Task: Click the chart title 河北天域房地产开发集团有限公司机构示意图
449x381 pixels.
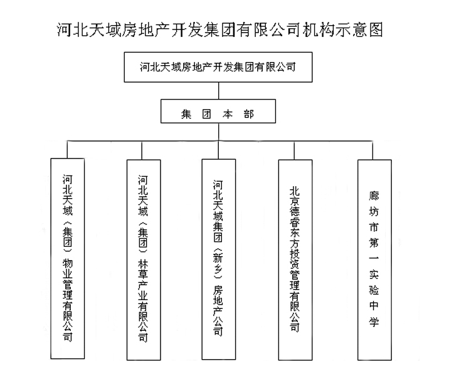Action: [220, 30]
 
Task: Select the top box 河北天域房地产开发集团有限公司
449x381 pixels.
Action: [218, 67]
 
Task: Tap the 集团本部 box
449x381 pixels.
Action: [218, 112]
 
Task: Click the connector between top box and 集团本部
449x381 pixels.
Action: [218, 91]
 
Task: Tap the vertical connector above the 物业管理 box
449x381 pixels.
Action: [67, 149]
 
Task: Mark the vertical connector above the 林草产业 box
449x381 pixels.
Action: [142, 150]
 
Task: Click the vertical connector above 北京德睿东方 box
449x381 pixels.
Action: [294, 150]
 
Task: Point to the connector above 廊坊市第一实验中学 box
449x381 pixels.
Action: [372, 150]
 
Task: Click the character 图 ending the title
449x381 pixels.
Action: [376, 30]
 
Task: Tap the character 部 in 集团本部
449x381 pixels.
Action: [249, 114]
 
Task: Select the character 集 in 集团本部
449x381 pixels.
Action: [186, 114]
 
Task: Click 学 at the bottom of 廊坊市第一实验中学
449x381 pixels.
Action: [374, 321]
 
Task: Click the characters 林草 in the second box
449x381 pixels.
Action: [143, 269]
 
